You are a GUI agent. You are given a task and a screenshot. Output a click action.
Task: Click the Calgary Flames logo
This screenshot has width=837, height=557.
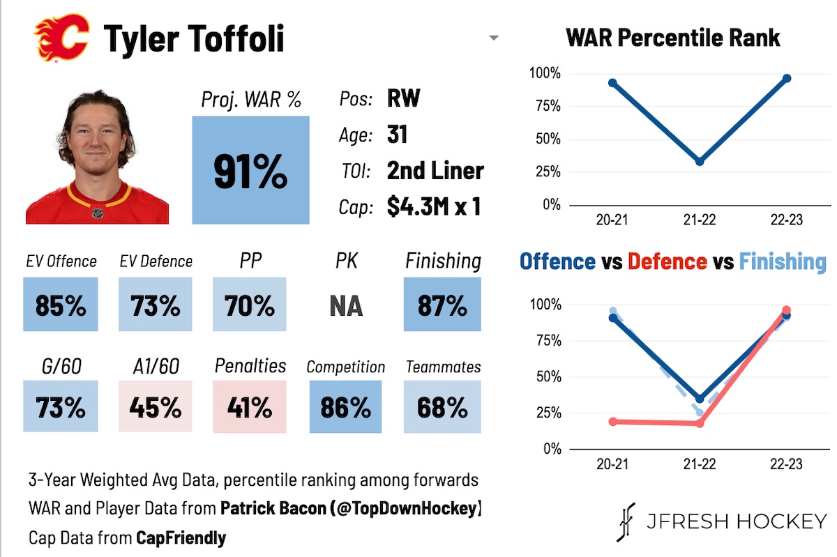pyautogui.click(x=61, y=39)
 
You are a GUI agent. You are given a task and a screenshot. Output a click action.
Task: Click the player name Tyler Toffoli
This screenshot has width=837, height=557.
pyautogui.click(x=194, y=39)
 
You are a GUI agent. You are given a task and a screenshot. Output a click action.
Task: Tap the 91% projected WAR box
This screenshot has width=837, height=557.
pyautogui.click(x=250, y=170)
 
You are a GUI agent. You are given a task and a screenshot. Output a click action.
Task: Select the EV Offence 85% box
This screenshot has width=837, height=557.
pyautogui.click(x=61, y=305)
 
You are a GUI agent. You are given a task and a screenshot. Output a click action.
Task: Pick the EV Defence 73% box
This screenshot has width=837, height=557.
pyautogui.click(x=156, y=305)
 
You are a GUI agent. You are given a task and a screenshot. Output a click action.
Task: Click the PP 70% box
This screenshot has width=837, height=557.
pyautogui.click(x=249, y=305)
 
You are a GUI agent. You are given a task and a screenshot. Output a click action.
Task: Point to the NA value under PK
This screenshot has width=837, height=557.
pyautogui.click(x=345, y=305)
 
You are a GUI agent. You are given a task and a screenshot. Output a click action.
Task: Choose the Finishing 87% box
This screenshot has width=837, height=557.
pyautogui.click(x=442, y=305)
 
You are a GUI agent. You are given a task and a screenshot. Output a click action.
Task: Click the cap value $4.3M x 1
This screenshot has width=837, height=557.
pyautogui.click(x=434, y=206)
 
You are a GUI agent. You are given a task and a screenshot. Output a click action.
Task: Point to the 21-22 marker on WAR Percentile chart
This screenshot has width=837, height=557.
pyautogui.click(x=700, y=161)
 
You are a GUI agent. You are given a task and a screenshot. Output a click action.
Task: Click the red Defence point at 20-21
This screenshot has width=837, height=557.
pyautogui.click(x=613, y=422)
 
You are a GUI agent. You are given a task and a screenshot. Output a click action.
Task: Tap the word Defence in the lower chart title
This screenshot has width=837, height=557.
pyautogui.click(x=667, y=261)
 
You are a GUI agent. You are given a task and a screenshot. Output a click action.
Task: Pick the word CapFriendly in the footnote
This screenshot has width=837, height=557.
pyautogui.click(x=181, y=537)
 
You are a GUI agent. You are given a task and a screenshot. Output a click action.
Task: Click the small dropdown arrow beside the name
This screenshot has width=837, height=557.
pyautogui.click(x=494, y=38)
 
